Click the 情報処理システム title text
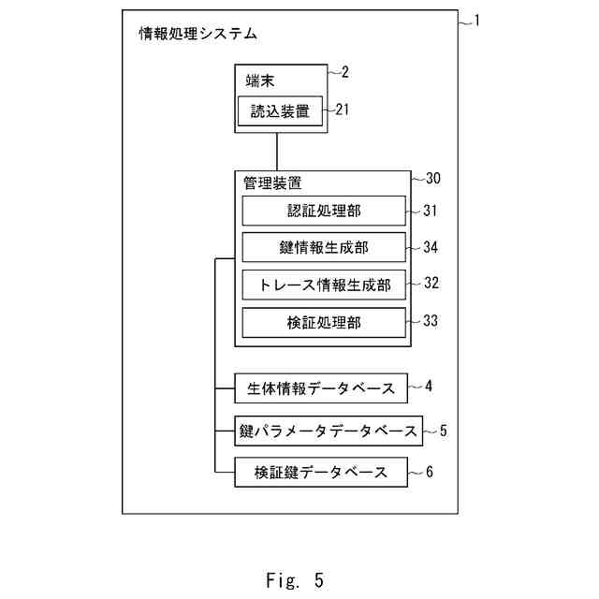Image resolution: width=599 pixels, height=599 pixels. point(197,35)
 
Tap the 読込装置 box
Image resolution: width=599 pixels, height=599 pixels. point(280,110)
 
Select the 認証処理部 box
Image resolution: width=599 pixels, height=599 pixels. point(324,212)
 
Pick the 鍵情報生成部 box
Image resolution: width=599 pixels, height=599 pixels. point(324,248)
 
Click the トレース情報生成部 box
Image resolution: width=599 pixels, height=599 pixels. point(324,285)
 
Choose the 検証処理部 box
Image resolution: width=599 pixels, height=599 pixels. point(324,322)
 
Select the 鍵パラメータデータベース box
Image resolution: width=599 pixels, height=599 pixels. point(328,431)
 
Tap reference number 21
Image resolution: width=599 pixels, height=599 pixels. point(342,110)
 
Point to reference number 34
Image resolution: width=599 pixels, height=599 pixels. point(430,248)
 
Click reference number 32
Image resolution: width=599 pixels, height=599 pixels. point(430,282)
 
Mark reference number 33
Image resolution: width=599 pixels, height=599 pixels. point(430,320)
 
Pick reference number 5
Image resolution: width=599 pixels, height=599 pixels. point(444,431)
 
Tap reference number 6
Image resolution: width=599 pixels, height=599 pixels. point(429,473)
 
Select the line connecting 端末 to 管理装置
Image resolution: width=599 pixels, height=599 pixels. point(280,153)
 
